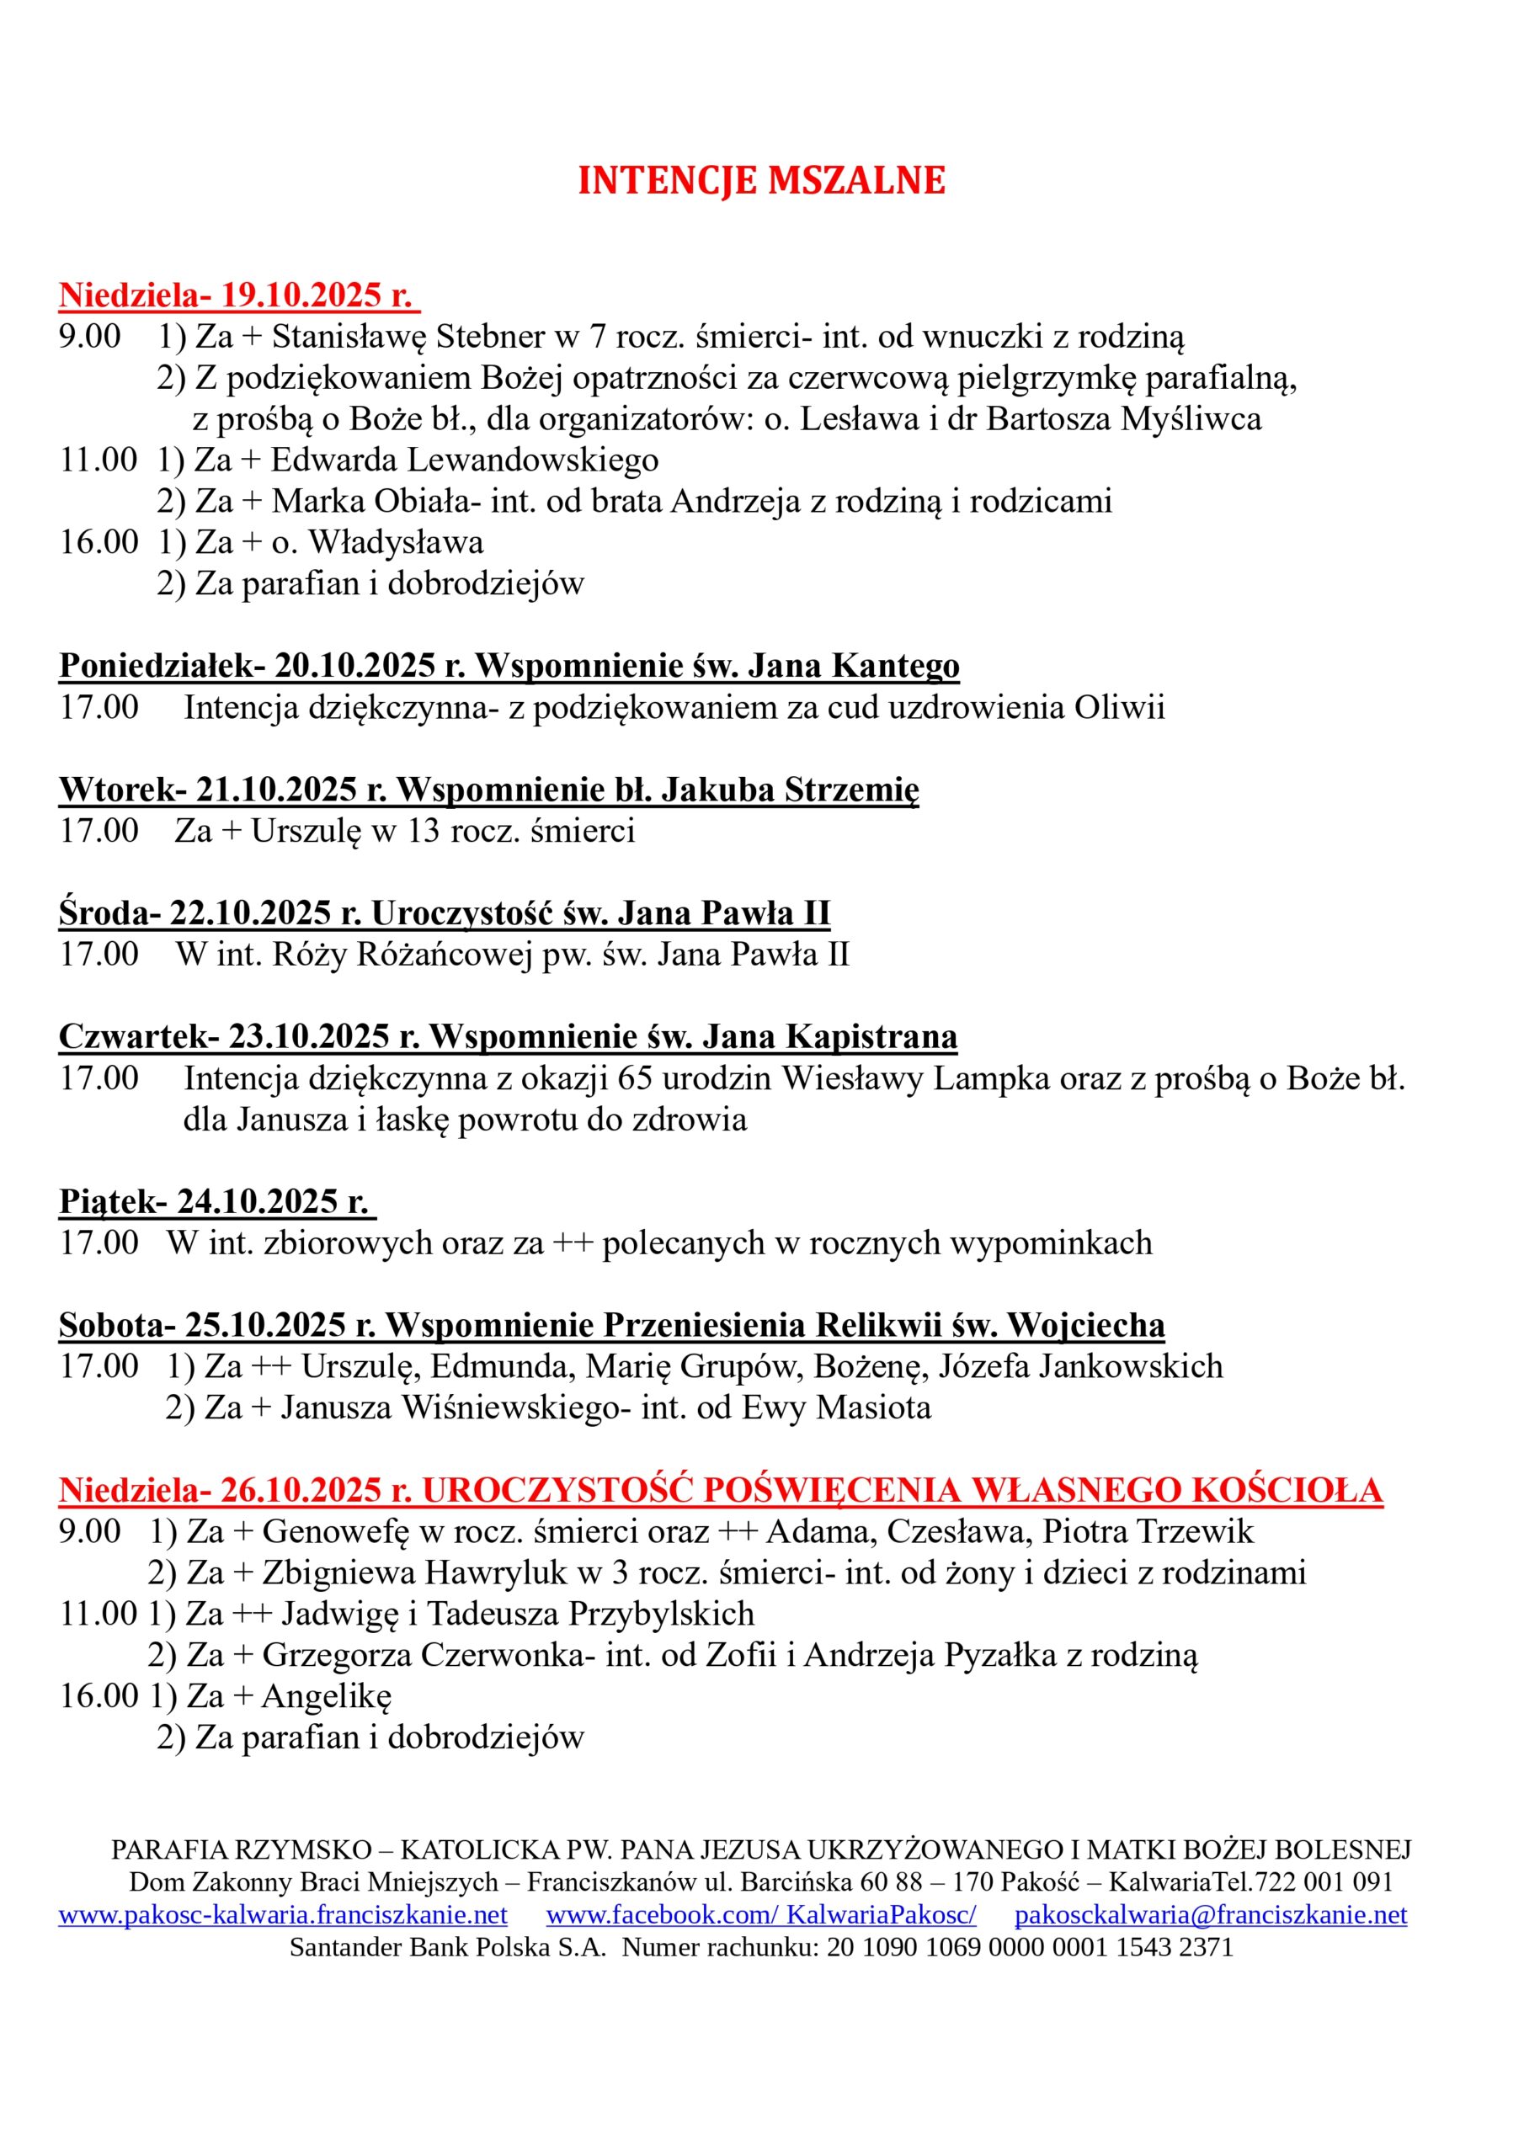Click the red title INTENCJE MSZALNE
760,181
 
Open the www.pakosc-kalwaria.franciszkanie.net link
283,1915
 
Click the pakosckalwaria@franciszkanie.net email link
1211,1915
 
